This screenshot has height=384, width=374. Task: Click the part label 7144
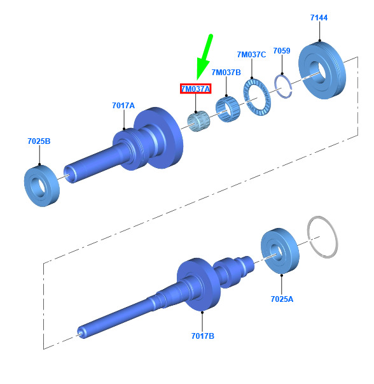[319, 18]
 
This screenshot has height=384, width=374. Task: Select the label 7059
[282, 51]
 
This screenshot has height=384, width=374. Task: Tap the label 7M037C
[251, 54]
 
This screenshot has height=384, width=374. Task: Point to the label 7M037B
[226, 72]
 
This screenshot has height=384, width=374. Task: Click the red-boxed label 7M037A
[195, 89]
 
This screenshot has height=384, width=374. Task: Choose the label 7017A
[123, 105]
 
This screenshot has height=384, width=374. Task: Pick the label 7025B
[39, 141]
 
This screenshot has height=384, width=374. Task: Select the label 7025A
[282, 299]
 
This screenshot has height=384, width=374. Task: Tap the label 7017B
[202, 336]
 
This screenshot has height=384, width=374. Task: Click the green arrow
[204, 57]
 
